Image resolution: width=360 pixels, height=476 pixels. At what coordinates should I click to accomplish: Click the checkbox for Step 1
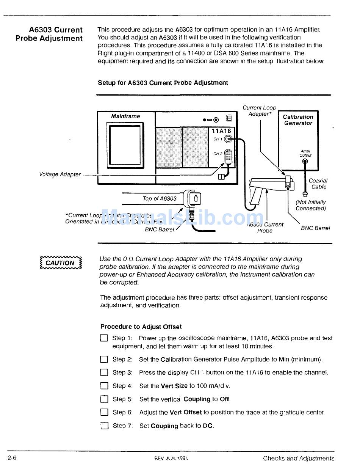pyautogui.click(x=104, y=338)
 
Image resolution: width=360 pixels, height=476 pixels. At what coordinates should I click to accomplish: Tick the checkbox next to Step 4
pyautogui.click(x=104, y=386)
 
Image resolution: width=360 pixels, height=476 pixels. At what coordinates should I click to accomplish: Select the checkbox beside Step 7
pyautogui.click(x=104, y=426)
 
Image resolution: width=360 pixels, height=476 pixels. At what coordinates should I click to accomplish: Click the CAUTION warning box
pyautogui.click(x=61, y=263)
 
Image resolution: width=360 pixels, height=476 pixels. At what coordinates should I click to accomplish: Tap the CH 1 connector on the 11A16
pyautogui.click(x=228, y=139)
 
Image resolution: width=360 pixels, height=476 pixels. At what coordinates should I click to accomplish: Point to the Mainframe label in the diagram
pyautogui.click(x=125, y=116)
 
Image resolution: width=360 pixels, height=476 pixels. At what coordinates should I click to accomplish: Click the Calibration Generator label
pyautogui.click(x=298, y=120)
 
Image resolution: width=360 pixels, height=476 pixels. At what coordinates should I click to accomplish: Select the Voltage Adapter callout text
pyautogui.click(x=60, y=174)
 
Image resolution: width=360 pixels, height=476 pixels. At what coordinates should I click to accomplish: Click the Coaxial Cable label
pyautogui.click(x=318, y=184)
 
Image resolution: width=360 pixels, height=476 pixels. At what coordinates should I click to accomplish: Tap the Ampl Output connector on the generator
pyautogui.click(x=305, y=161)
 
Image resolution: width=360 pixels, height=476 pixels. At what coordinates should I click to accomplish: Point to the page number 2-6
pyautogui.click(x=12, y=458)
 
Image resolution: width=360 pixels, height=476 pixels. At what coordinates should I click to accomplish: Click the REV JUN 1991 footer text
pyautogui.click(x=171, y=458)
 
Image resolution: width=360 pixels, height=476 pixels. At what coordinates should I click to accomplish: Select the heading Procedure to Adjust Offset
pyautogui.click(x=141, y=327)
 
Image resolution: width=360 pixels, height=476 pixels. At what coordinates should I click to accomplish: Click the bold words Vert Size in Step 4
pyautogui.click(x=174, y=386)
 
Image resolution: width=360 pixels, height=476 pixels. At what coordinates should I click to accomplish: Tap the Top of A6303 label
pyautogui.click(x=160, y=198)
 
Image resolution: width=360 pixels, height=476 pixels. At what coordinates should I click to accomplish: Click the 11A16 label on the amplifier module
pyautogui.click(x=221, y=131)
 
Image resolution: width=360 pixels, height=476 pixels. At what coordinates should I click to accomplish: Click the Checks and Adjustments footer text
pyautogui.click(x=299, y=458)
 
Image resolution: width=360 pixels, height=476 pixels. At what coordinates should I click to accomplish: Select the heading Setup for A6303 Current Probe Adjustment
pyautogui.click(x=163, y=83)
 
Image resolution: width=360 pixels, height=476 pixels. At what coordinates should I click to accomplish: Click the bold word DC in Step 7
pyautogui.click(x=208, y=426)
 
